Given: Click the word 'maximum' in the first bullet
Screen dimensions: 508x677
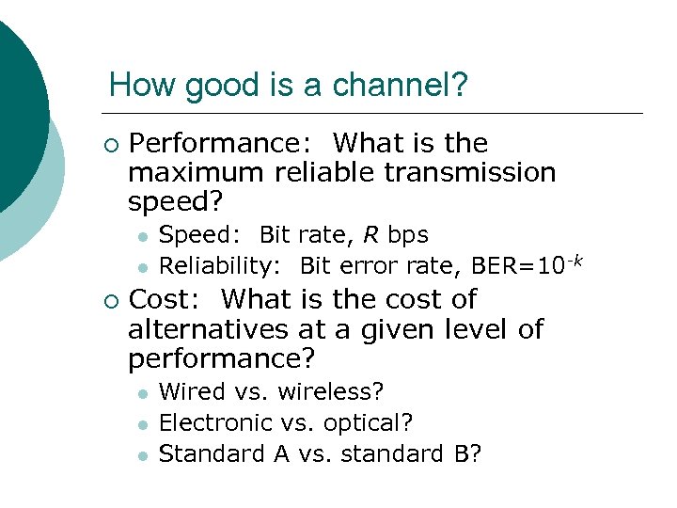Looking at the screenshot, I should coord(197,173).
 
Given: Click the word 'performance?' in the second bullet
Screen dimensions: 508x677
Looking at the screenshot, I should coord(221,359).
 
